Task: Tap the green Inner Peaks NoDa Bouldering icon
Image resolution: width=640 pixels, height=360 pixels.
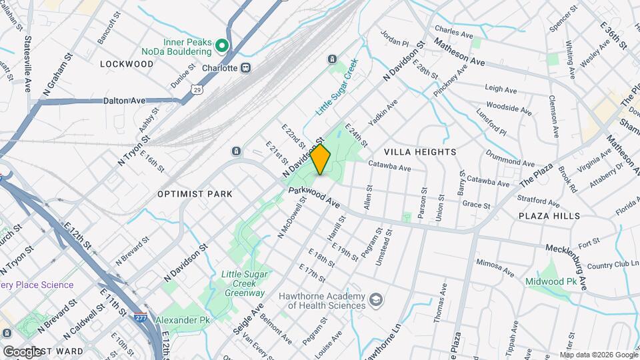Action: click(x=222, y=46)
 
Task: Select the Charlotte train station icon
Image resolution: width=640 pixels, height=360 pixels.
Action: click(x=246, y=67)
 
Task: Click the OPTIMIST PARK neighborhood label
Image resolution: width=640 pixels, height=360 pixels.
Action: click(x=195, y=194)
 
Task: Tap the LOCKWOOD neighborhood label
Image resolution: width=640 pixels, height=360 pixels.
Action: click(x=127, y=64)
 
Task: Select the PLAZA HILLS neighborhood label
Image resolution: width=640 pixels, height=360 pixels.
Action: click(x=549, y=216)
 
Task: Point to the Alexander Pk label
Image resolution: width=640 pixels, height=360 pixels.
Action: click(x=182, y=321)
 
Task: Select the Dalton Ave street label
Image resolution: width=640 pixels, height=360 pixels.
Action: click(x=125, y=101)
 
